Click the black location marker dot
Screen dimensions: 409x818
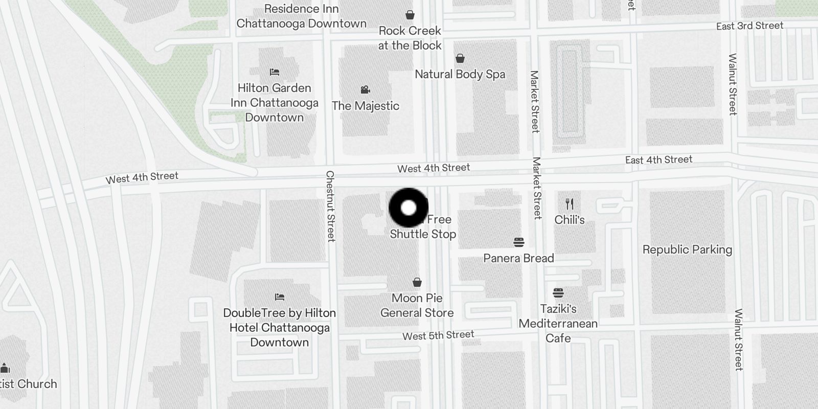pos(408,208)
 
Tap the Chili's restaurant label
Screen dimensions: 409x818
pos(570,220)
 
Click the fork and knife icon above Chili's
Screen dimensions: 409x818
pos(570,204)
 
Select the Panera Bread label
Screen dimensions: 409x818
pos(518,258)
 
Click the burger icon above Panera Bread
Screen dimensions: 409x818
pos(518,242)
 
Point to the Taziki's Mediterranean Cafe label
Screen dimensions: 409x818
pos(558,323)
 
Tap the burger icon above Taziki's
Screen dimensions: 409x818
pos(558,293)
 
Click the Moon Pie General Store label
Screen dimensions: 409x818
pos(417,305)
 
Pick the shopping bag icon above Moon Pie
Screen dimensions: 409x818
pos(417,282)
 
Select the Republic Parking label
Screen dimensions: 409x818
pos(687,249)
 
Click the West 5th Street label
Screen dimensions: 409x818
pos(438,335)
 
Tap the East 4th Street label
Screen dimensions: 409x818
pos(658,160)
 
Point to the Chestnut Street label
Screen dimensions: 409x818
pos(331,206)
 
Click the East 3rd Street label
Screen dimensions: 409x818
pos(749,26)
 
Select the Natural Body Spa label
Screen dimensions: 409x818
pos(460,74)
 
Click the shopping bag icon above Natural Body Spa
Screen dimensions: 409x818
pos(460,58)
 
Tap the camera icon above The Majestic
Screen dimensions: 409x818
pos(365,90)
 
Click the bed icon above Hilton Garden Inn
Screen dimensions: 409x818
pos(275,72)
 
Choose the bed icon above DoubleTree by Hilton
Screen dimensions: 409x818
pos(279,297)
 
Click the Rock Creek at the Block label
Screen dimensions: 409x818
pos(410,38)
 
